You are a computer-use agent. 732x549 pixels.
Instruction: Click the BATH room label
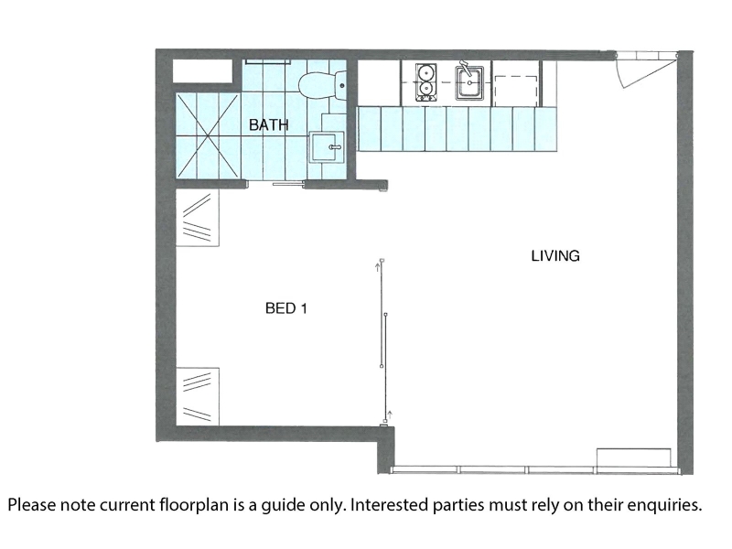click(268, 124)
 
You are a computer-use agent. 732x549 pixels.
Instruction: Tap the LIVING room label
click(555, 256)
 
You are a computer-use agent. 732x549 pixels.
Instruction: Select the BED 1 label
click(286, 308)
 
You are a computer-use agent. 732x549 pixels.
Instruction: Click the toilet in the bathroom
click(322, 86)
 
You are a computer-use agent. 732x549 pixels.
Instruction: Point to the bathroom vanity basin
click(326, 147)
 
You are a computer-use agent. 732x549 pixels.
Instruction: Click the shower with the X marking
click(208, 135)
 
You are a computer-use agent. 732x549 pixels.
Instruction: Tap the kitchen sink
click(469, 82)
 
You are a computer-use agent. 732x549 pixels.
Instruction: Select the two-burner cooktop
click(425, 82)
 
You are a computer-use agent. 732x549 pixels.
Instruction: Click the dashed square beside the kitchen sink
click(516, 91)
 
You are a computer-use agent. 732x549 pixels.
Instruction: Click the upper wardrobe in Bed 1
click(198, 218)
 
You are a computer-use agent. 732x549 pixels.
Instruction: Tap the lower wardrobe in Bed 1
click(198, 396)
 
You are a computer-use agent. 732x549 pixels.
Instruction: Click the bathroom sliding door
click(289, 185)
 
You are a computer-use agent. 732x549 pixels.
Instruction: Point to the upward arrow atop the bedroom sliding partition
click(378, 267)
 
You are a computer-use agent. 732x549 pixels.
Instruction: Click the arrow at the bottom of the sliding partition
click(390, 414)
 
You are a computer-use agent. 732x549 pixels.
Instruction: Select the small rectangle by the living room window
click(634, 457)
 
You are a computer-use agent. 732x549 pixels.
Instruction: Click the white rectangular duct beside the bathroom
click(202, 71)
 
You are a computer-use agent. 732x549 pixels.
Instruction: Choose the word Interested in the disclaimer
click(390, 505)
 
